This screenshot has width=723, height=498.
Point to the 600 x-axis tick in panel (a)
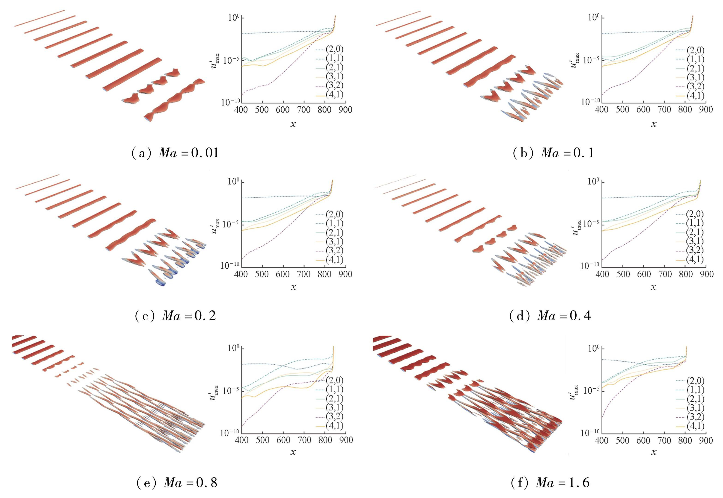click(283, 110)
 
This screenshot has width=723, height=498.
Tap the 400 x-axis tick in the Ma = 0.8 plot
click(241, 440)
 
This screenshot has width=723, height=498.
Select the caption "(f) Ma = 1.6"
click(550, 483)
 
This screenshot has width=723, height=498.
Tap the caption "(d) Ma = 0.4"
click(550, 316)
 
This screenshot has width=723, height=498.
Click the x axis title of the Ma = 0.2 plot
click(293, 287)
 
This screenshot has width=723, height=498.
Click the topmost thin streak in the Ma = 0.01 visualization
click(40, 18)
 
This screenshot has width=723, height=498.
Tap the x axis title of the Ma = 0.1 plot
click(653, 124)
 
